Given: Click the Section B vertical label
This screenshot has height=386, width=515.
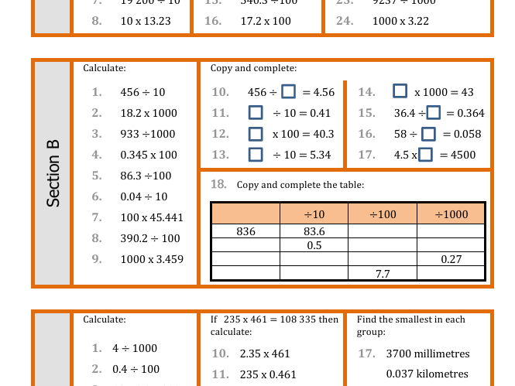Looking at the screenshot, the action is [x=53, y=180].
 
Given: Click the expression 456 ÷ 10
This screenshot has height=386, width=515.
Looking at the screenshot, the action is [x=142, y=92].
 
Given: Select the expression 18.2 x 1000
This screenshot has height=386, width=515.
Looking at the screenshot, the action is [x=149, y=113].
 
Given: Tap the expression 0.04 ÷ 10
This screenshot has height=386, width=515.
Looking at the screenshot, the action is [x=144, y=196].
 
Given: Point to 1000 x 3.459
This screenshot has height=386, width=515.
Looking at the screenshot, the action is [x=152, y=259].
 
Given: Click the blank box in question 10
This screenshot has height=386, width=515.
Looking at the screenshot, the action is [x=288, y=92].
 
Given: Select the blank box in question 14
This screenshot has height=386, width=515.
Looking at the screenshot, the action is [x=400, y=92].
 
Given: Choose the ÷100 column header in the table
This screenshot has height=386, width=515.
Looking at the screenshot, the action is [x=383, y=214].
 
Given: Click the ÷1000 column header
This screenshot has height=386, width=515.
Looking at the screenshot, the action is [x=451, y=214].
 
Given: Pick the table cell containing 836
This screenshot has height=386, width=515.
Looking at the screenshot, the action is [x=245, y=231].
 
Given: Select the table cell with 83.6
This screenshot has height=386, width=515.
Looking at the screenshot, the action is [x=314, y=231].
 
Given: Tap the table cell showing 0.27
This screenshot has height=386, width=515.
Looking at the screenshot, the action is [x=451, y=259].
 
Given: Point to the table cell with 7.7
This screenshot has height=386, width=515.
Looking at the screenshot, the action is [x=383, y=273].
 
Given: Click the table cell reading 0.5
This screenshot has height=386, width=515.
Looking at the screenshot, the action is [x=314, y=245].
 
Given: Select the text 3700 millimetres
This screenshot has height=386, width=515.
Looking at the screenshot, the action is [x=427, y=354].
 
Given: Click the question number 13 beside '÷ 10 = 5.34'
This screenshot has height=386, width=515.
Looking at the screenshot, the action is [x=220, y=155].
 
